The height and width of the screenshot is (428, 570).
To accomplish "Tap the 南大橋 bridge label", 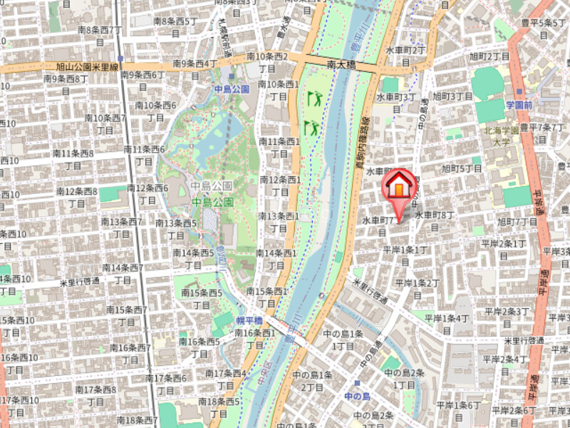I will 342,64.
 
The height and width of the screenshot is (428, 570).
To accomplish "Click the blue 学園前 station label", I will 519,105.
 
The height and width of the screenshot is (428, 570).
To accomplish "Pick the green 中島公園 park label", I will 212,203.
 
